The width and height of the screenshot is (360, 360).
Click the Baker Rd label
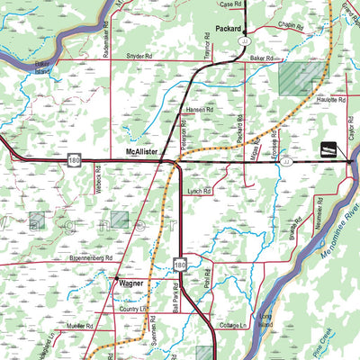click(x=261, y=59)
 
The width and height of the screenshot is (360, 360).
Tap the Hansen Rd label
click(x=199, y=110)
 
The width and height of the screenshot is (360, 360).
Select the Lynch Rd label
click(x=200, y=192)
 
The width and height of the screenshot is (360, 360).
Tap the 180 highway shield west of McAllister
click(x=72, y=161)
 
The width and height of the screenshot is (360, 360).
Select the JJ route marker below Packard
click(x=244, y=41)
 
